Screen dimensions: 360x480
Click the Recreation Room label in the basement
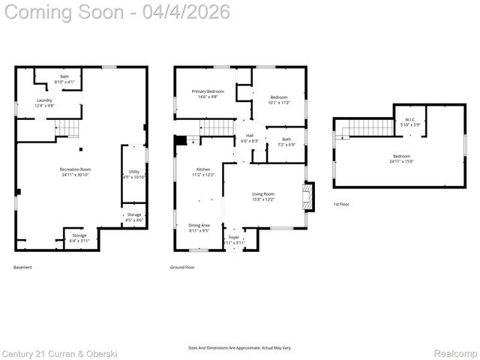pos(75,172)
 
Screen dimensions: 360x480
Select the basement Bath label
pos(64,79)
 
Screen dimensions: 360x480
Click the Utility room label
pos(133,175)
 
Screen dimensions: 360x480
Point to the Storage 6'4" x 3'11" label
pos(79,238)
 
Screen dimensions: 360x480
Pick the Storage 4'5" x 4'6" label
pos(133,217)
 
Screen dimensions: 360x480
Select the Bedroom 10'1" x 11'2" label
pos(279,100)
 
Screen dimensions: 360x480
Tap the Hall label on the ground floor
pos(249,139)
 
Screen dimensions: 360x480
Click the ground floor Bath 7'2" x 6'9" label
pos(286,142)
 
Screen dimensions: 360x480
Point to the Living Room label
pos(262,196)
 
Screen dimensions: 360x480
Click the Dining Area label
pos(199,228)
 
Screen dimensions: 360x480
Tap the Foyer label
pos(234,240)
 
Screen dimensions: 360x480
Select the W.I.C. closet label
pos(410,121)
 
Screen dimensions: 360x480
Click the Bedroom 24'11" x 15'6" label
pos(401,158)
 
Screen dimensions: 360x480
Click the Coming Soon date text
pos(116,13)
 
